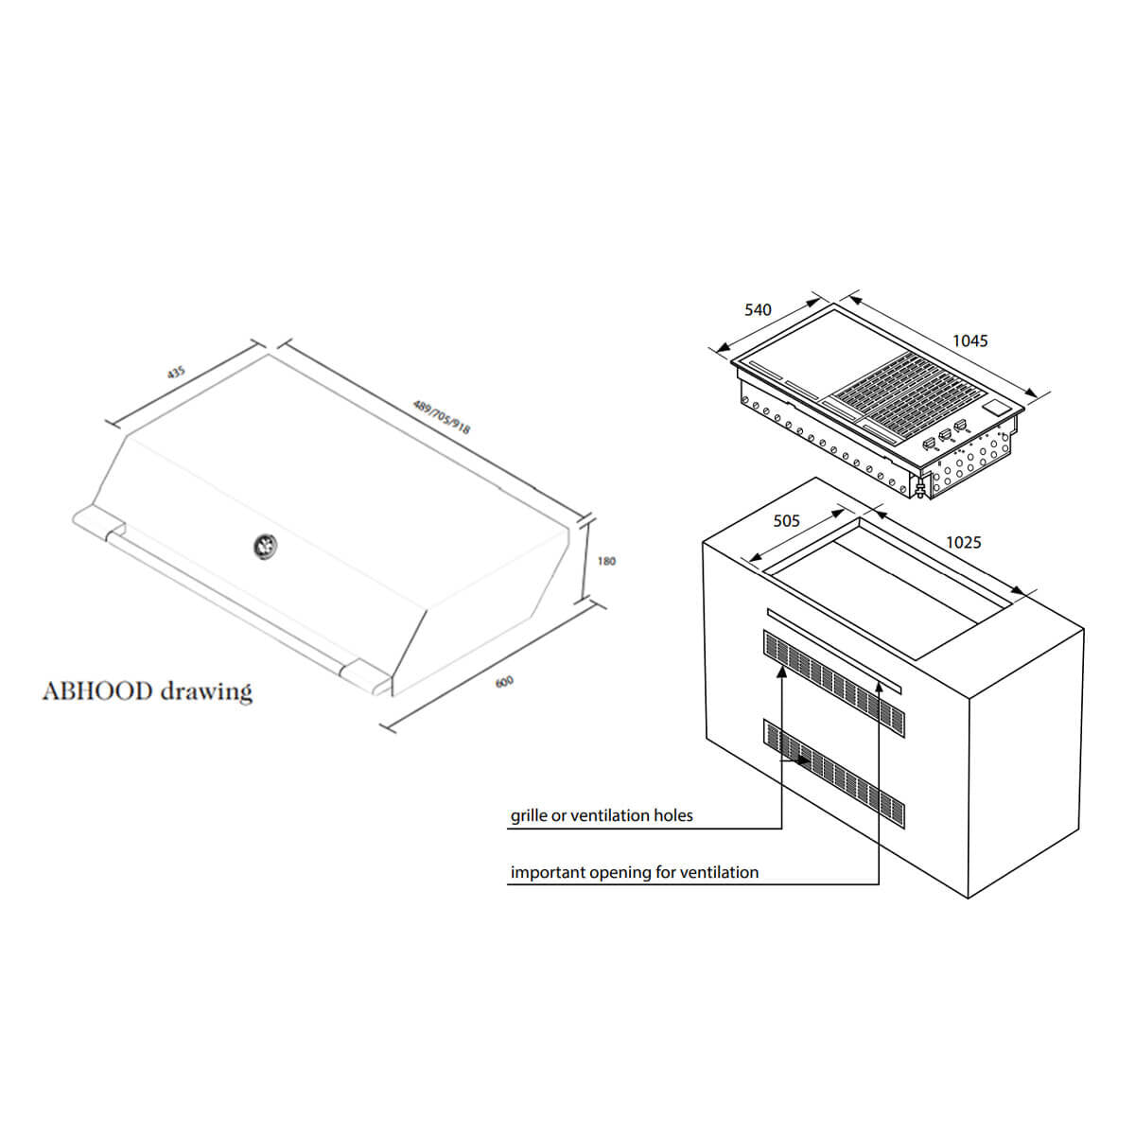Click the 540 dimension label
click(x=758, y=309)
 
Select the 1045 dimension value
click(x=969, y=340)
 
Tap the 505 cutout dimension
click(x=786, y=520)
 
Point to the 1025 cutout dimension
click(x=963, y=542)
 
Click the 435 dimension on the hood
click(x=176, y=373)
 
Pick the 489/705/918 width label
click(x=442, y=416)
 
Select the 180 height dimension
click(x=606, y=561)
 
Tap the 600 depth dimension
click(x=505, y=681)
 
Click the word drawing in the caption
click(x=206, y=690)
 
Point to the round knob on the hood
click(x=263, y=544)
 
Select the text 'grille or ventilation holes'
click(x=602, y=815)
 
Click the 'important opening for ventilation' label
click(x=634, y=872)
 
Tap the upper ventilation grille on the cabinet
click(x=832, y=679)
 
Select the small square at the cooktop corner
click(x=993, y=406)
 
